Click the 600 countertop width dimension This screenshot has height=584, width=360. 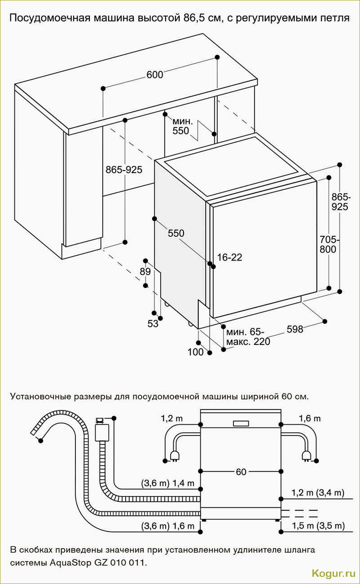[x=155, y=75]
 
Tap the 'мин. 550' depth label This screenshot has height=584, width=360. [x=183, y=126]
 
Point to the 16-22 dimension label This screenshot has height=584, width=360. [x=229, y=257]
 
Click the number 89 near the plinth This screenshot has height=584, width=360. [x=145, y=272]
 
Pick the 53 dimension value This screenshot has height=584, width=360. [x=153, y=323]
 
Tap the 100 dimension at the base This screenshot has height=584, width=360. [x=195, y=352]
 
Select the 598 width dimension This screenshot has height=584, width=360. [x=295, y=330]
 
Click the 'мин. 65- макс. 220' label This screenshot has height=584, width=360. [x=248, y=337]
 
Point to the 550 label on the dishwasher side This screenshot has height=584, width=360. [x=176, y=234]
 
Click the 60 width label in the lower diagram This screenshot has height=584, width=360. [x=241, y=472]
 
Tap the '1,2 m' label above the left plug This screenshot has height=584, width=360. [x=172, y=418]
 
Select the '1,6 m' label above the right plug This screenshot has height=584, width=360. [x=310, y=418]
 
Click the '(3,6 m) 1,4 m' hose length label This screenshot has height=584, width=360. [x=168, y=483]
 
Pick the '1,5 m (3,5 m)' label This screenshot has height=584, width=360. [x=318, y=526]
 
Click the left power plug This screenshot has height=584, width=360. [x=173, y=456]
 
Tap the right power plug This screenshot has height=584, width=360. [x=307, y=456]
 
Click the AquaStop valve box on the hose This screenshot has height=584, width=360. [x=100, y=431]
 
